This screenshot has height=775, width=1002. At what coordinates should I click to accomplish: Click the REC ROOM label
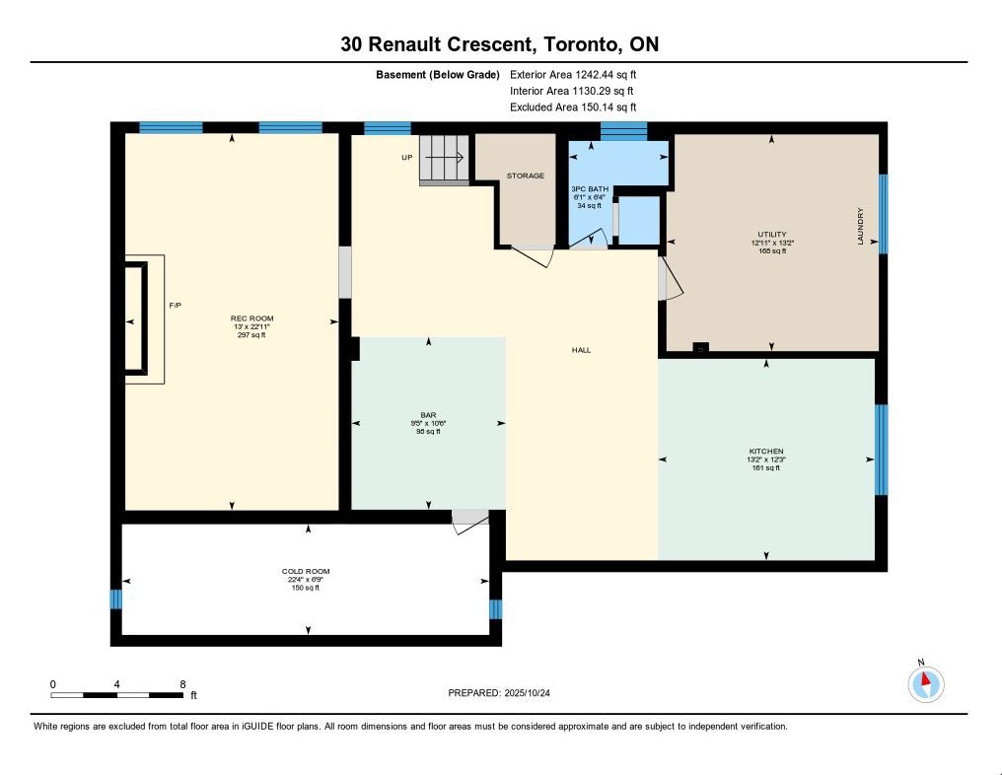(251, 318)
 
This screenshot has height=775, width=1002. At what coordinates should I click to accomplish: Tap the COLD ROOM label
(306, 571)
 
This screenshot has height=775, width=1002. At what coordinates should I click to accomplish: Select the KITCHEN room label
(766, 451)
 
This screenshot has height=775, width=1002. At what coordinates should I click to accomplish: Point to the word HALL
(581, 350)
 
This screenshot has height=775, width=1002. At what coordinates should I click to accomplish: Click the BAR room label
(428, 415)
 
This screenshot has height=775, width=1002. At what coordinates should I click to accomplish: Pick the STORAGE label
(526, 176)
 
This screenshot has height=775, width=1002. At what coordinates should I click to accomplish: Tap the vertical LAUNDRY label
(860, 226)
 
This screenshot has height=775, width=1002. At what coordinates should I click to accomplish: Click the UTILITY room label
(772, 235)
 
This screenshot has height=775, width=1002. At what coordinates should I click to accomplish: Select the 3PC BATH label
(589, 189)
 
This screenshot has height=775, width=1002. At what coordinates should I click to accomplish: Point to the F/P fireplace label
(176, 306)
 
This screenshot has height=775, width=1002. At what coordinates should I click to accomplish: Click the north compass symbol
(926, 683)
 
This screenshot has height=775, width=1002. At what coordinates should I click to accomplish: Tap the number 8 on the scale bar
(182, 684)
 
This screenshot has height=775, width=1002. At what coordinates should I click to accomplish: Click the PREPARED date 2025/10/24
(528, 692)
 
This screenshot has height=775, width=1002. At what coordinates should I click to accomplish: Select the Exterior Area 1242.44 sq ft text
(573, 75)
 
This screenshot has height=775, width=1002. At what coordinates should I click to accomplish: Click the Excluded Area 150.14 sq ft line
(573, 107)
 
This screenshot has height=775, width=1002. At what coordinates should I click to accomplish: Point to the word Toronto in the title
(581, 44)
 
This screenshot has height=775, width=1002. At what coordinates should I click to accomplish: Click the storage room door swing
(533, 255)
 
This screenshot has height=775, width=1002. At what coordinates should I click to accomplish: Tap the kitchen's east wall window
(881, 450)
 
